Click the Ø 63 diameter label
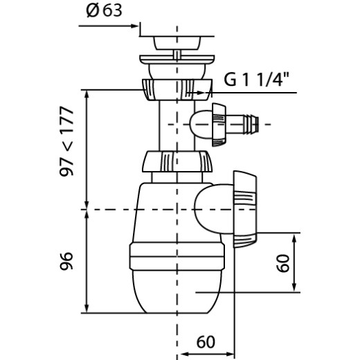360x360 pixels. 104,11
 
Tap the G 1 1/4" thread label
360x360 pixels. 256,80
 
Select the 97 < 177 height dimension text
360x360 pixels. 66,141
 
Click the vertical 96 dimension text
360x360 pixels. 66,261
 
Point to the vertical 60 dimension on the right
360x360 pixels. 283,263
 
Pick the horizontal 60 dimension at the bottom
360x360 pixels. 206,342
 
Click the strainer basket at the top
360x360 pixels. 177,43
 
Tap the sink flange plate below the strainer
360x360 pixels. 177,59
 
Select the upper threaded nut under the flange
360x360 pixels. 177,89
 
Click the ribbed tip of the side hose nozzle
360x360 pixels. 252,124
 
